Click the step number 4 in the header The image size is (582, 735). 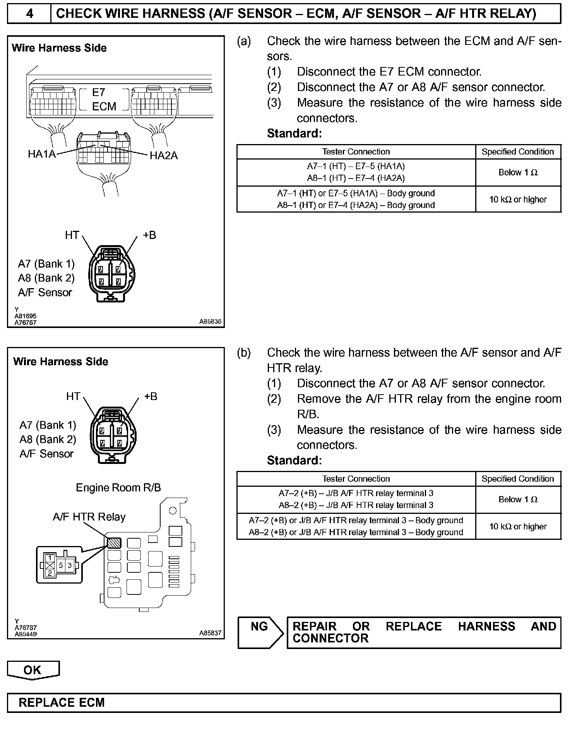29,14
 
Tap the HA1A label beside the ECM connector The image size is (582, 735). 42,154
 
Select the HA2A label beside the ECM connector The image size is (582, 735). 163,156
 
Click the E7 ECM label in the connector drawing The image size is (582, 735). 104,100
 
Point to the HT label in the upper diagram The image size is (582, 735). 72,235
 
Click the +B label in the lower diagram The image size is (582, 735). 151,397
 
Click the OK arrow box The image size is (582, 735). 33,670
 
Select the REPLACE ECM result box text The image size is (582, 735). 62,703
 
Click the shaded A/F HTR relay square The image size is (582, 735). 114,543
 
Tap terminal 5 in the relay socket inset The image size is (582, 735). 61,566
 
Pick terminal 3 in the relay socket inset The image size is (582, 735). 70,566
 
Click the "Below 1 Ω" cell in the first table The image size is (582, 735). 518,173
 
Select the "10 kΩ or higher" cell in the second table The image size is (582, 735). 518,527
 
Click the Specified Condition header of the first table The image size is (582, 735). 518,152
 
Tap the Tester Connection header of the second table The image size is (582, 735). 356,479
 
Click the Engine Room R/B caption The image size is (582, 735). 118,488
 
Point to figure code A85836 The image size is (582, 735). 210,321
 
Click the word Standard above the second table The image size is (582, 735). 294,460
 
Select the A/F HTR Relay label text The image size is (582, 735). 89,517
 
